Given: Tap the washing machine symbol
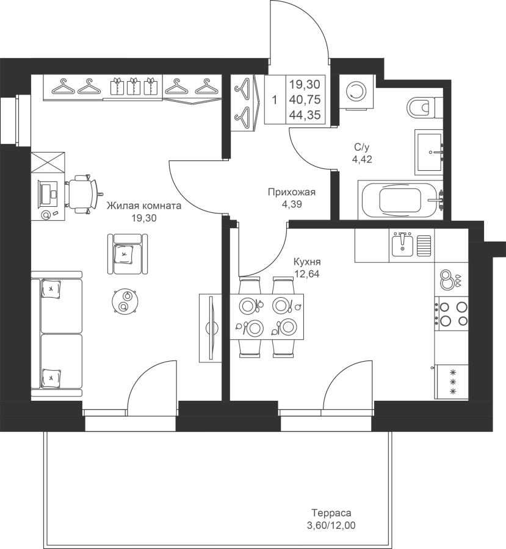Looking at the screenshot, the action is [x=355, y=92].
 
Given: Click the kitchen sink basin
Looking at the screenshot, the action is [x=402, y=245].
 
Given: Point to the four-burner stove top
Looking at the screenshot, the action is [x=451, y=314].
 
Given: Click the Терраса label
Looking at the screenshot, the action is [x=331, y=513].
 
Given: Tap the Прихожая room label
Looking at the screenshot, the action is [x=292, y=192].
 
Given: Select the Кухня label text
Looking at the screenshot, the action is [x=307, y=262].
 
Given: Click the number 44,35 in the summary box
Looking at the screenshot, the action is [x=305, y=115].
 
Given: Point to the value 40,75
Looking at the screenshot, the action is [x=305, y=100].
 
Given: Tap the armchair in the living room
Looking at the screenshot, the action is [x=128, y=254].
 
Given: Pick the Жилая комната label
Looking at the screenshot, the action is [x=144, y=205].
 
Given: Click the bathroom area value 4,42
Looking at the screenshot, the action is [x=362, y=159].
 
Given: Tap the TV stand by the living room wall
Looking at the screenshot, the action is [x=210, y=328].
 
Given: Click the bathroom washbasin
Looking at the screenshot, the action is [x=429, y=152].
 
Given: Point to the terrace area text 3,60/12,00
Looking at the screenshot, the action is [x=331, y=525].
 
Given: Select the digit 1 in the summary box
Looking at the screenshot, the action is [x=275, y=100].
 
